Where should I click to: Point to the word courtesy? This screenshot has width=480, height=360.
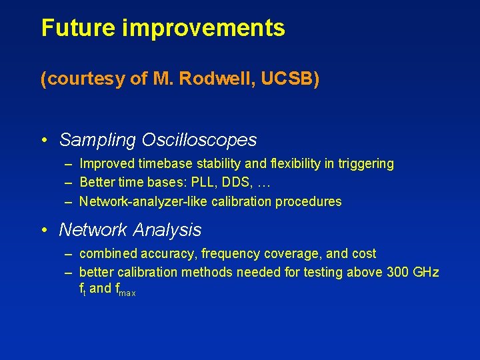(x=87, y=80)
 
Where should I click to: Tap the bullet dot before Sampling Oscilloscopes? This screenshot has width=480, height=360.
(x=43, y=141)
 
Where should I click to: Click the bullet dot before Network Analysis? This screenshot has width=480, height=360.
(x=43, y=230)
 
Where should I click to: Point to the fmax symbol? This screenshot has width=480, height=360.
(x=125, y=289)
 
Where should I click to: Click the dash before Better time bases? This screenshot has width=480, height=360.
(x=69, y=183)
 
